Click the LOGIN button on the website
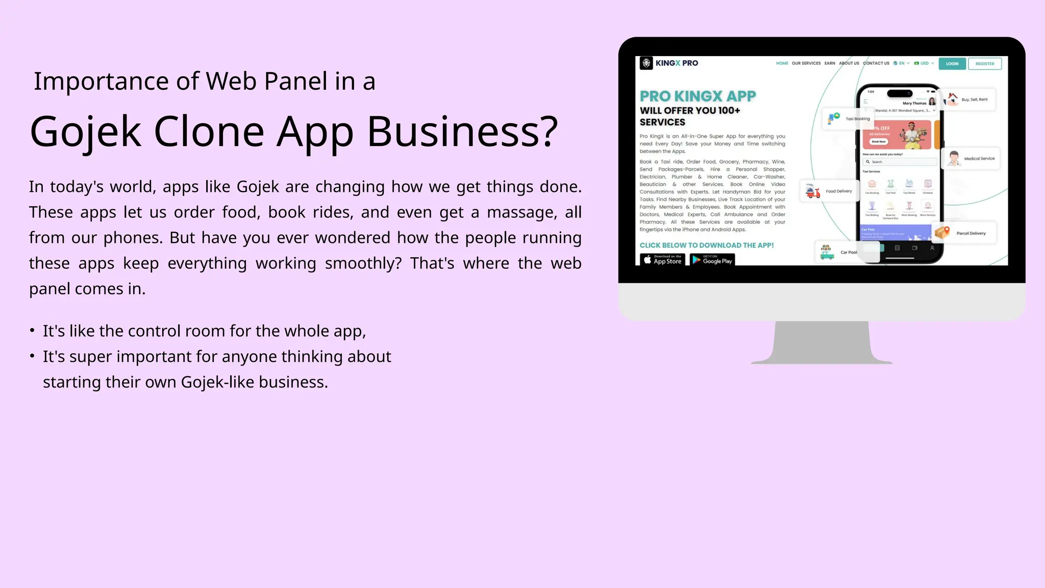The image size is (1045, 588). click(x=952, y=64)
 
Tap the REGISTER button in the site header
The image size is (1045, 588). click(x=984, y=64)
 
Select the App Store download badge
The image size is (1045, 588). click(x=662, y=260)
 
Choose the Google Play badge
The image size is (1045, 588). click(x=712, y=260)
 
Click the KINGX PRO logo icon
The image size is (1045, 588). click(x=646, y=63)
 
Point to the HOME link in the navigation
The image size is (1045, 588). click(x=782, y=64)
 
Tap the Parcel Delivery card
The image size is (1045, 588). click(x=964, y=233)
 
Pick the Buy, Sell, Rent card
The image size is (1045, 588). click(x=969, y=100)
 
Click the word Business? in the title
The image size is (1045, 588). click(x=462, y=132)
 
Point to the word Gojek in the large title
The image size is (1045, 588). click(x=85, y=132)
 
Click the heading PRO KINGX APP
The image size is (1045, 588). click(x=698, y=96)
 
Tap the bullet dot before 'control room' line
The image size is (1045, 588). click(x=32, y=331)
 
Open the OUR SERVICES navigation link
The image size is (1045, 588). click(x=806, y=64)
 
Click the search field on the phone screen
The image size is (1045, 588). click(x=900, y=162)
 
